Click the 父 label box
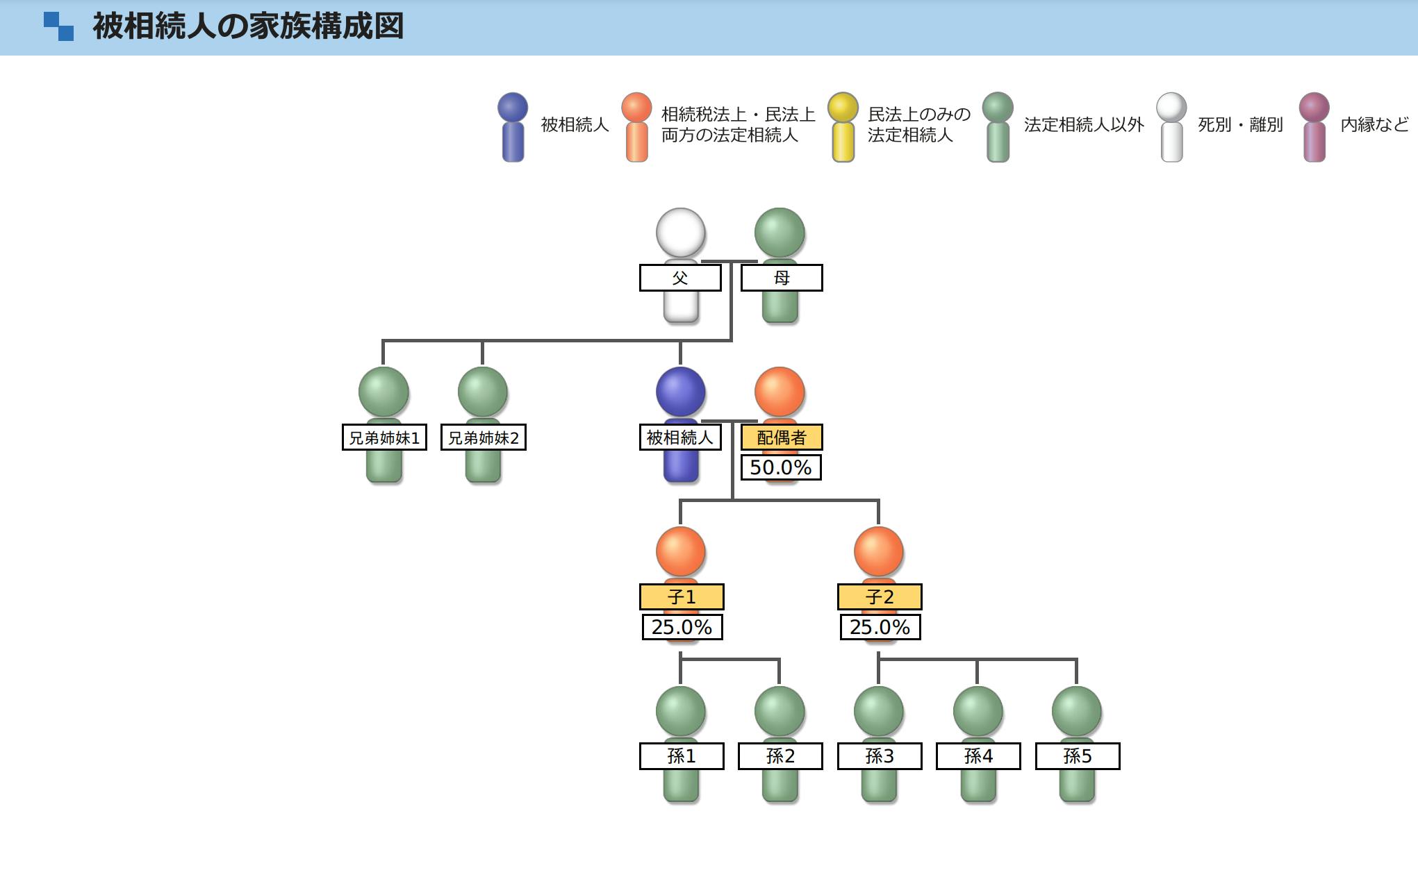point(680,278)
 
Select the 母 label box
point(782,278)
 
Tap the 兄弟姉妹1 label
point(384,437)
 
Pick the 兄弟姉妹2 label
point(484,437)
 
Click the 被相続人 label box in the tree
point(680,437)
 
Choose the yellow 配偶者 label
point(782,437)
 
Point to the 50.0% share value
point(781,467)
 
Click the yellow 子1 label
point(682,597)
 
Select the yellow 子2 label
point(880,597)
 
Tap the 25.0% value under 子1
point(682,627)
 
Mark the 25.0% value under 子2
point(880,627)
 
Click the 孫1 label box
point(682,756)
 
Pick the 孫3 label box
point(880,756)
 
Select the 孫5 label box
point(1078,756)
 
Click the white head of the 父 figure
point(681,233)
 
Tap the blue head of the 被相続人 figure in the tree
point(681,392)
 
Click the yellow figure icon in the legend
point(843,127)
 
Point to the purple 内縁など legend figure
point(1314,127)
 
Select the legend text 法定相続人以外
point(1083,125)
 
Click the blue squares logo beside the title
point(58,26)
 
